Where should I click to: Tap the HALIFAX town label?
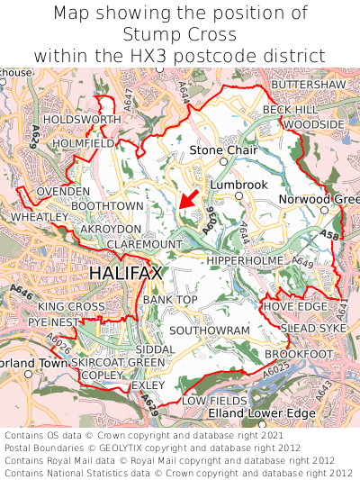pos(125,272)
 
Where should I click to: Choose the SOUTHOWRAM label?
pos(209,331)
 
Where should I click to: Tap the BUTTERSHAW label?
pos(307,84)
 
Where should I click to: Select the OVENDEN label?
pos(63,192)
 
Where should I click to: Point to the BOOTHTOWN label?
pos(107,206)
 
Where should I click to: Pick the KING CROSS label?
pos(71,307)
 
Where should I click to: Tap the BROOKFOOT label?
pos(306,355)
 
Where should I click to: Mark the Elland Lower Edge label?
pos(255,412)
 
